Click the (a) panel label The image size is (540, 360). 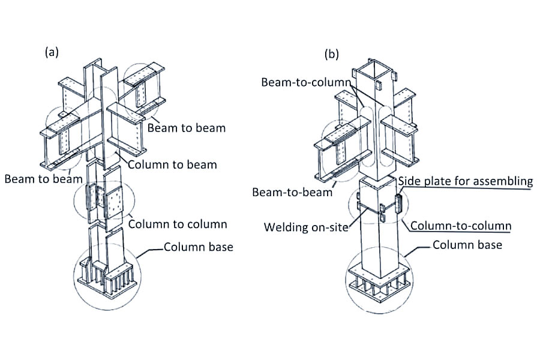tap(52, 52)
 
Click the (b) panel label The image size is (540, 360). tap(332, 54)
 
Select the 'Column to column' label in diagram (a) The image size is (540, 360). tap(178, 224)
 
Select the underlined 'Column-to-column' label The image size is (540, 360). tap(461, 226)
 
